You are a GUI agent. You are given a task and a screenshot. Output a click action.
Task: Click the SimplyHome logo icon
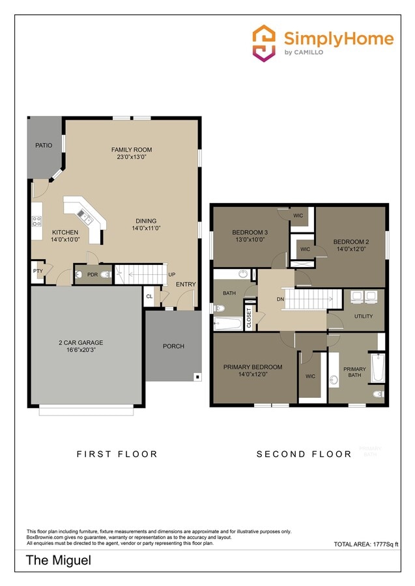(x=264, y=43)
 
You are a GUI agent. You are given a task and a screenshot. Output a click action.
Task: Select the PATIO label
(x=44, y=146)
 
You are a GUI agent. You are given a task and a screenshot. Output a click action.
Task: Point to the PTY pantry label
(x=38, y=272)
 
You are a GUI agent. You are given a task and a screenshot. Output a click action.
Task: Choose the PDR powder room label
(x=92, y=275)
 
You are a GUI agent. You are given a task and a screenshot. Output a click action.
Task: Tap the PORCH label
(x=173, y=346)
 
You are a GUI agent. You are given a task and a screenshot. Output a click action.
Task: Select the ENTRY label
(x=186, y=284)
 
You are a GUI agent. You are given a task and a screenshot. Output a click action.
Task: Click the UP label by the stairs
(x=172, y=274)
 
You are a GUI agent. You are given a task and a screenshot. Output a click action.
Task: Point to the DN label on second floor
(x=280, y=300)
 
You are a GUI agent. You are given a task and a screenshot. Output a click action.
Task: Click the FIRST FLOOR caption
(x=117, y=454)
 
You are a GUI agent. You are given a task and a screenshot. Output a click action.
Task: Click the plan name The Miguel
(x=58, y=560)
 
